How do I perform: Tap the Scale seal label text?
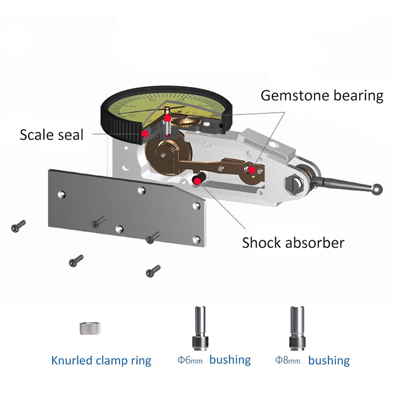(x=52, y=134)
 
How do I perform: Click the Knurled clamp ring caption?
(x=101, y=361)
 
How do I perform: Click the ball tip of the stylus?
(x=377, y=189)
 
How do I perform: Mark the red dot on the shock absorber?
(x=197, y=181)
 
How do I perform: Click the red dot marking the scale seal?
(x=145, y=133)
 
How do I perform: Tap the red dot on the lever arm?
(x=252, y=170)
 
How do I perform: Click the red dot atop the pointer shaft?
(x=167, y=119)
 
